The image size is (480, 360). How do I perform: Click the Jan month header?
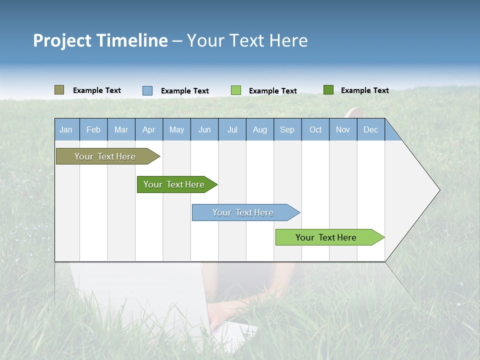[x=66, y=130]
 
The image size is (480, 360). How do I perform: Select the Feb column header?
[x=93, y=130]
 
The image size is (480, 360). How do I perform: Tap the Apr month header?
[x=149, y=130]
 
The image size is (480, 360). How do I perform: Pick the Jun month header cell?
[x=204, y=130]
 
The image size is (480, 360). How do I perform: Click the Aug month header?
[x=260, y=130]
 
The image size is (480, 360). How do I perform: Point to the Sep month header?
[x=287, y=130]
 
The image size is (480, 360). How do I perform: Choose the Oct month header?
[x=315, y=130]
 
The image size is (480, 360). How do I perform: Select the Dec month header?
[x=371, y=130]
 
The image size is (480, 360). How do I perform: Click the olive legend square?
[x=59, y=90]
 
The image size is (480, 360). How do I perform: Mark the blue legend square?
[x=147, y=90]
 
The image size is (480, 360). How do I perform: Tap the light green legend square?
[x=236, y=90]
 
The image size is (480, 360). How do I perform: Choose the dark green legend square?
[x=328, y=90]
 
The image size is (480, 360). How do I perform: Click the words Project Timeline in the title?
[x=100, y=40]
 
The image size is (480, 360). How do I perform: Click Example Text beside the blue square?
[x=185, y=91]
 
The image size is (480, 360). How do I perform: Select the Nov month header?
[x=343, y=130]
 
